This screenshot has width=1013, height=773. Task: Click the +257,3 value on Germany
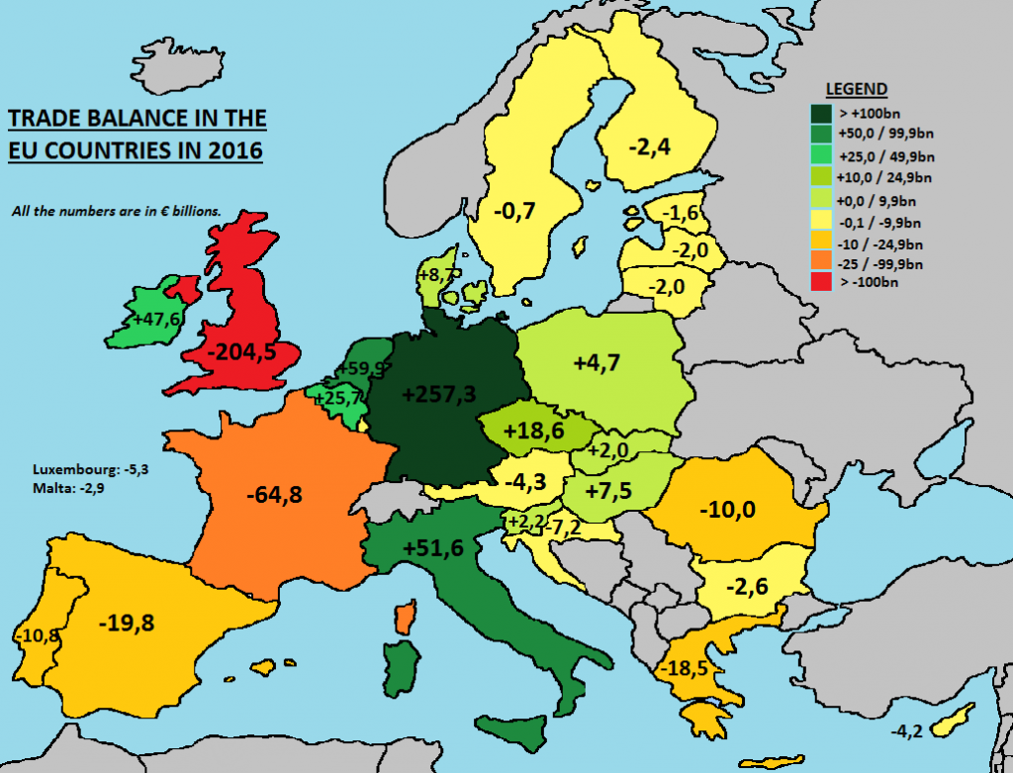440,394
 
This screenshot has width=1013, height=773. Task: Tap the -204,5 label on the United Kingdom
234,354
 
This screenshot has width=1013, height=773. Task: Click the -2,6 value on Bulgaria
743,585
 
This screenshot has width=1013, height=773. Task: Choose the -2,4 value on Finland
650,147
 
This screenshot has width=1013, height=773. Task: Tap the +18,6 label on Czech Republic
534,432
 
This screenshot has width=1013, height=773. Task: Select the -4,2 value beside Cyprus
908,731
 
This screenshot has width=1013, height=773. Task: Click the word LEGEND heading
857,89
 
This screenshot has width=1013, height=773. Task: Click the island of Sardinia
399,669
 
